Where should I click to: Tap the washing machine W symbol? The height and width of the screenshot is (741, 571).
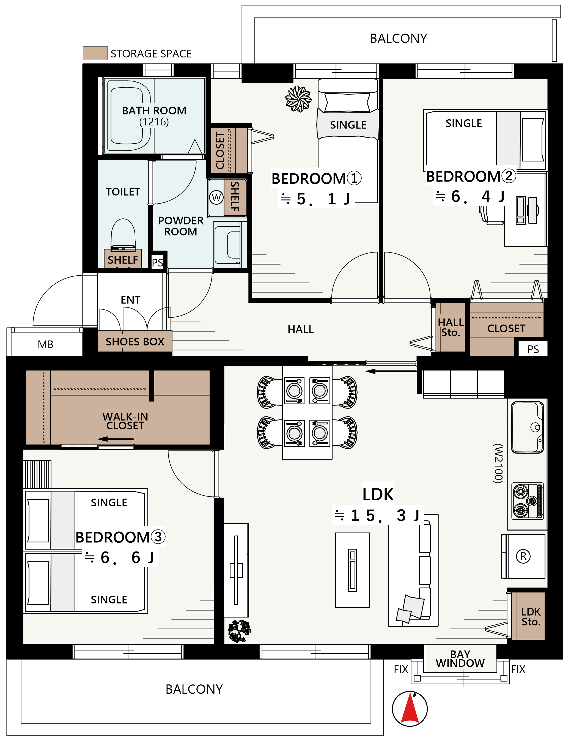coord(216,197)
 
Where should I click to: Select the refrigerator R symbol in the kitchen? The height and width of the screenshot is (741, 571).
coord(523,556)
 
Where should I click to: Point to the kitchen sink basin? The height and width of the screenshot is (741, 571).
coord(528,427)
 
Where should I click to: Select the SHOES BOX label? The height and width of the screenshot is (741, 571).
coord(135,341)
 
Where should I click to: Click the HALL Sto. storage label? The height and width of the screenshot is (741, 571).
coord(451,327)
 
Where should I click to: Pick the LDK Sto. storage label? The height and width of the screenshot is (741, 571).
coord(531,617)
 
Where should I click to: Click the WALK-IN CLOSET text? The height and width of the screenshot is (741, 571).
coord(125,421)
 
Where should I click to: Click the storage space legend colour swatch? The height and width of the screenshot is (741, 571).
coord(95,53)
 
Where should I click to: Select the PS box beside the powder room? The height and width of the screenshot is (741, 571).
coord(157,262)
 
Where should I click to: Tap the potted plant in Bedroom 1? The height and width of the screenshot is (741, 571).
coord(298,99)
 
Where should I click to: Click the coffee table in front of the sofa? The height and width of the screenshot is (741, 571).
coord(352,570)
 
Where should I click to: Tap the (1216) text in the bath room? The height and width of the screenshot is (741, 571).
coord(154,122)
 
